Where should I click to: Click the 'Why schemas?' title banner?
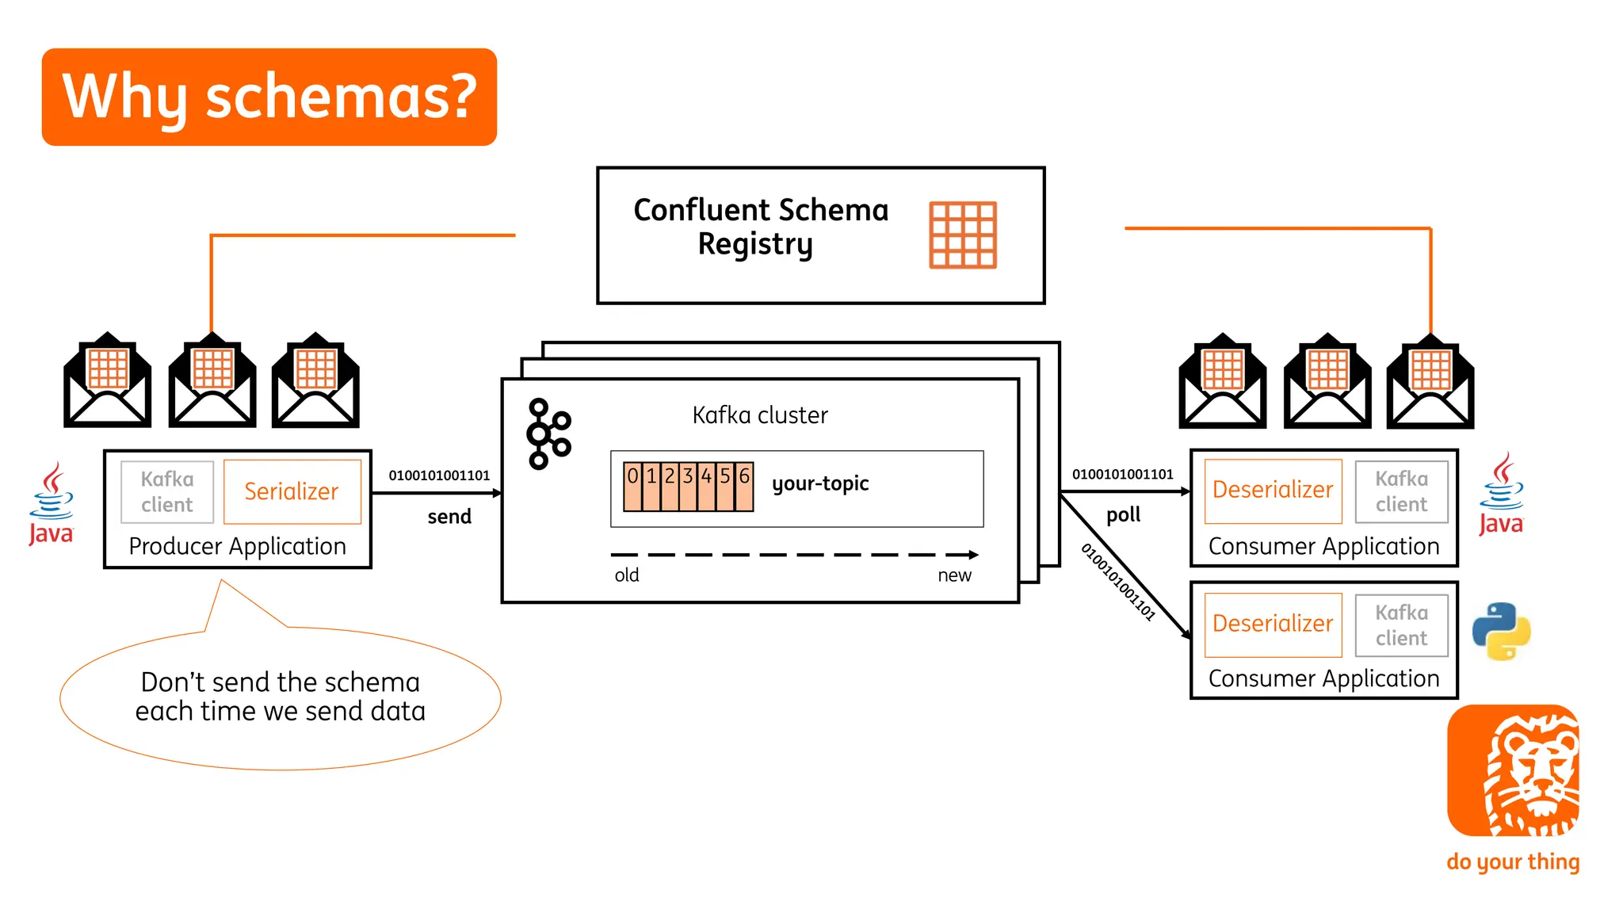[x=269, y=97]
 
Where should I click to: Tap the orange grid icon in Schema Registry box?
[x=962, y=235]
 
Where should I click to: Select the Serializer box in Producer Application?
[x=292, y=491]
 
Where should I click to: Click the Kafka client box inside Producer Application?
[x=167, y=492]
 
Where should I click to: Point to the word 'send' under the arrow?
[x=449, y=517]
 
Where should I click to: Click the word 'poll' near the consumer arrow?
[x=1123, y=515]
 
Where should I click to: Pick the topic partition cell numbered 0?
[x=632, y=485]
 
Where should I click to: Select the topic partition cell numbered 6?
[x=744, y=485]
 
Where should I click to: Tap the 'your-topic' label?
[x=820, y=483]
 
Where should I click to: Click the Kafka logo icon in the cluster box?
[x=548, y=434]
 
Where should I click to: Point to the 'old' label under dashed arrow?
[x=627, y=575]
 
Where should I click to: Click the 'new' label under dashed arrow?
[x=954, y=575]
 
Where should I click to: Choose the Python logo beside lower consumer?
[x=1501, y=632]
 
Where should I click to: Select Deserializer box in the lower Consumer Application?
[x=1273, y=625]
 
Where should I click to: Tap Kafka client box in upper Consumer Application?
[x=1401, y=491]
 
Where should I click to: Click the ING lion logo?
[x=1513, y=770]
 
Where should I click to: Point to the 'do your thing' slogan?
[x=1513, y=861]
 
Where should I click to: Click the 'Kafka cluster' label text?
[x=759, y=415]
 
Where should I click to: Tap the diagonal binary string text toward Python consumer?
[x=1118, y=582]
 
